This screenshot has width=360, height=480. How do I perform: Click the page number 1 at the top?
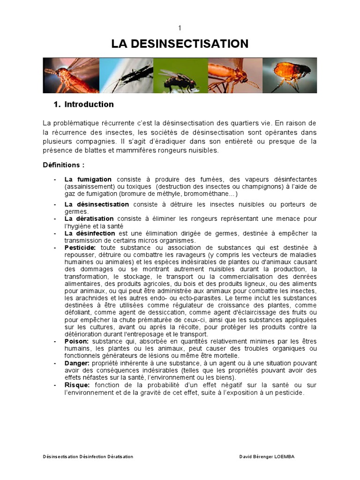click(x=180, y=28)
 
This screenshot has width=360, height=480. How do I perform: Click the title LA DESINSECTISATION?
click(x=180, y=44)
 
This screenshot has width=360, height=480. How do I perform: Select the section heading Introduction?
click(x=89, y=104)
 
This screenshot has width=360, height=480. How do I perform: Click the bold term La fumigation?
click(x=88, y=179)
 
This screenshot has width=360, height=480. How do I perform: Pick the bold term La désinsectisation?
click(x=96, y=204)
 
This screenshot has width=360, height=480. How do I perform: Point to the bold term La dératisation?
click(x=89, y=218)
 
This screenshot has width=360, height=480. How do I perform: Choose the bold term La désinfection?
click(x=90, y=233)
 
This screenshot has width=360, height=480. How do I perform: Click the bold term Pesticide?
click(x=80, y=247)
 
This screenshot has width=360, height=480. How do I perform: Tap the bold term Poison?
click(x=76, y=341)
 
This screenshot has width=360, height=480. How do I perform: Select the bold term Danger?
click(x=77, y=363)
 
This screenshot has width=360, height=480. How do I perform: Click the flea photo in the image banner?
click(x=289, y=75)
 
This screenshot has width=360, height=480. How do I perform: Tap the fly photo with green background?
click(x=180, y=75)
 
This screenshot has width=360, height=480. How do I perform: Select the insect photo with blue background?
click(x=126, y=75)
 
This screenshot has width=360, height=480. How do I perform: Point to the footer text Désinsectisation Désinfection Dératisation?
click(x=88, y=457)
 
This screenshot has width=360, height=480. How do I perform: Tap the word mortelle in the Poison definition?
click(x=213, y=356)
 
